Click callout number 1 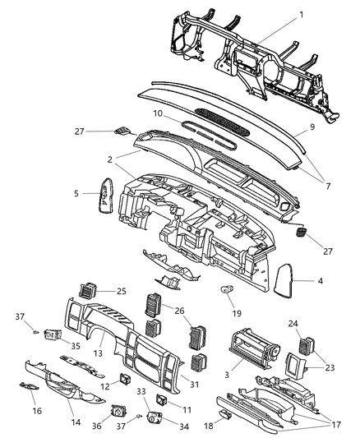pyautogui.click(x=302, y=16)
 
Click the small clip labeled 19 pyautogui.click(x=225, y=289)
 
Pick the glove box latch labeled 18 pyautogui.click(x=233, y=425)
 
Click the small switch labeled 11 pyautogui.click(x=162, y=400)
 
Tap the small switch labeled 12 pyautogui.click(x=124, y=379)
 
